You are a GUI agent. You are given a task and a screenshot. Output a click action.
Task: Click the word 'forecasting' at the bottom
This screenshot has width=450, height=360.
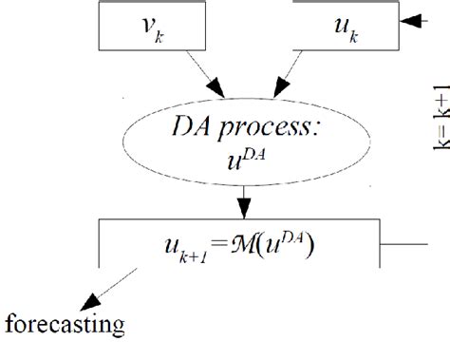(x=64, y=327)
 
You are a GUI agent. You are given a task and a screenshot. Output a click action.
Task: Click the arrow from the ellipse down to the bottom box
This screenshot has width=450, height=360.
(x=244, y=203)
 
